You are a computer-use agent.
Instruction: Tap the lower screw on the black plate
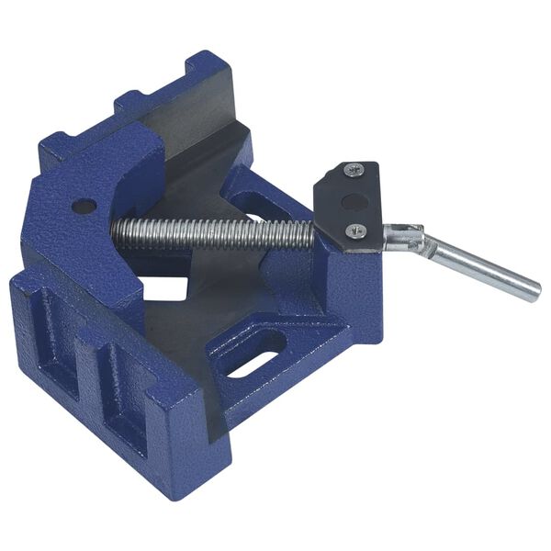coord(354,231)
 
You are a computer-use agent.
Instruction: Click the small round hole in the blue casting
coord(84,206)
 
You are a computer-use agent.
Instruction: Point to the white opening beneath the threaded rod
coord(165,287)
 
